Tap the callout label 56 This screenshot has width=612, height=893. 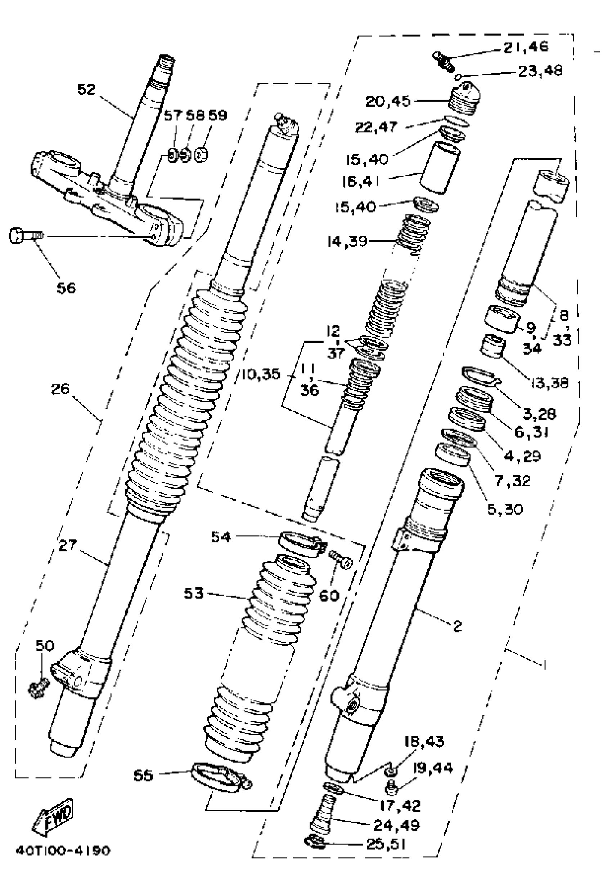pos(66,288)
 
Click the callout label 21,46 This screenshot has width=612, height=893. pos(526,47)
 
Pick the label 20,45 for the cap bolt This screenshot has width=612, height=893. pos(388,101)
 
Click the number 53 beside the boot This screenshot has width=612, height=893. pos(194,594)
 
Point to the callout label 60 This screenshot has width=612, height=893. pos(329,596)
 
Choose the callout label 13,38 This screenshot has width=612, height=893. pos(549,383)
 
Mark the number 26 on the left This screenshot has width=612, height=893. pos(61,389)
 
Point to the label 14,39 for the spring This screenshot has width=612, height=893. pos(347,242)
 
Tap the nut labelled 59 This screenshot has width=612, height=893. pos(201,155)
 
